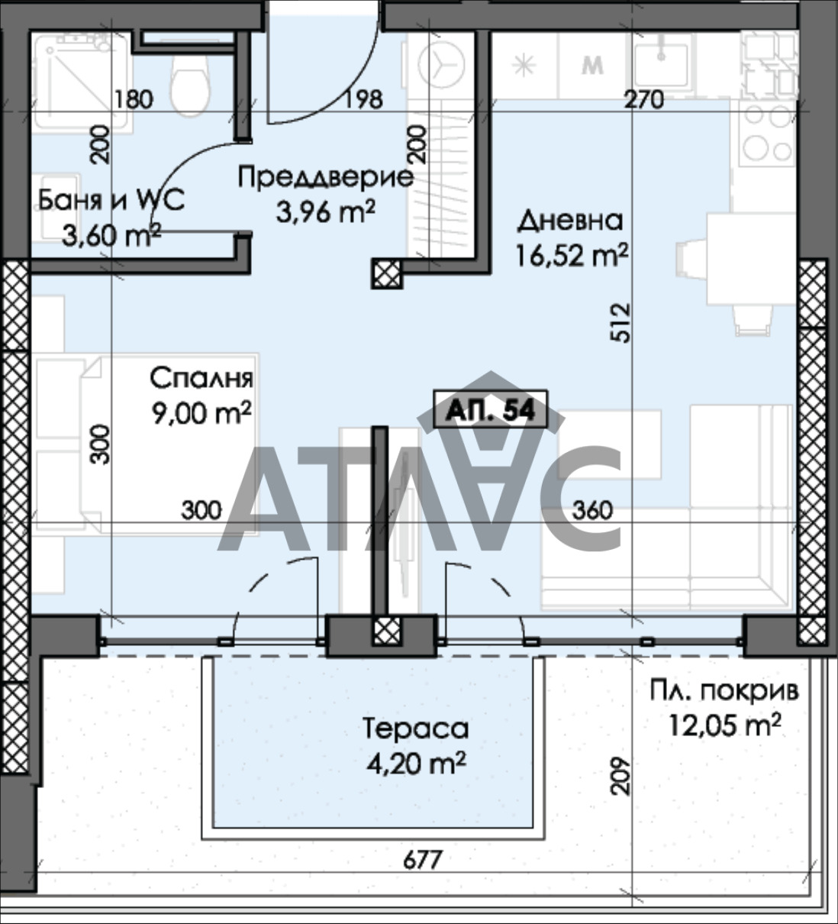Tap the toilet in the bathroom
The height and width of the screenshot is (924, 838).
point(188,85)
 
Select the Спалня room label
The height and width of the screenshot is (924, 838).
point(201,378)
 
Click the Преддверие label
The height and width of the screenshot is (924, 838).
point(325,177)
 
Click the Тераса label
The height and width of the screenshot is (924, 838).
point(415,728)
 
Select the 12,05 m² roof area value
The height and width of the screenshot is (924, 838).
point(724,725)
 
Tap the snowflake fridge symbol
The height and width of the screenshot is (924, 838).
point(524,66)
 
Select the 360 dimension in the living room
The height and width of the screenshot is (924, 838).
point(591,509)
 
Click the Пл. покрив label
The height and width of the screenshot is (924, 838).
point(724,692)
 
